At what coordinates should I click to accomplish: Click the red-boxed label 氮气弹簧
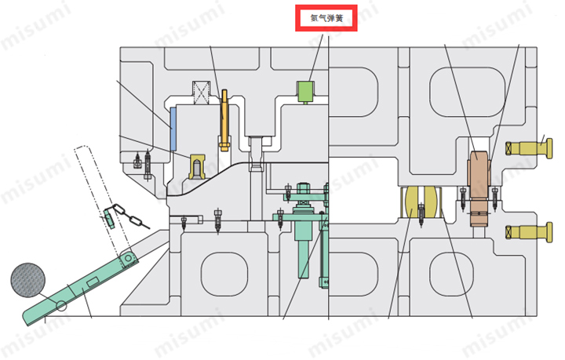pos(326,18)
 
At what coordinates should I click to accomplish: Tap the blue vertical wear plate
pos(173,129)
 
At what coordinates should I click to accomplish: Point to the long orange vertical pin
pos(224,121)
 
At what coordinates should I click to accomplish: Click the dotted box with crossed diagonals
pos(201,93)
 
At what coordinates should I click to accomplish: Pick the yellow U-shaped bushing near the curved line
pos(197,167)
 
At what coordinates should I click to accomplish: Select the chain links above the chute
pos(131,216)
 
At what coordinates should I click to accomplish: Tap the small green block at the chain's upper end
pos(109,218)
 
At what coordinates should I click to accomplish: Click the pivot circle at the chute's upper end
pos(128,259)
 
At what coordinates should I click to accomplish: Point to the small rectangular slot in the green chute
pos(93,282)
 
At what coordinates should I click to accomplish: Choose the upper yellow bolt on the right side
pos(529,148)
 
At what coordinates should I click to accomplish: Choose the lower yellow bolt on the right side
pos(529,232)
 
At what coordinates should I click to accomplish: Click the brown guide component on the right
pos(479,188)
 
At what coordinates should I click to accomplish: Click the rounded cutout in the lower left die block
pos(224,275)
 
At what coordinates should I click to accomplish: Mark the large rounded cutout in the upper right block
pos(467,92)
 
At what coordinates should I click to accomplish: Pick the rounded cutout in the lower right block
pos(451,275)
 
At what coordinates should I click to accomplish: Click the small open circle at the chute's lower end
pos(61,306)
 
